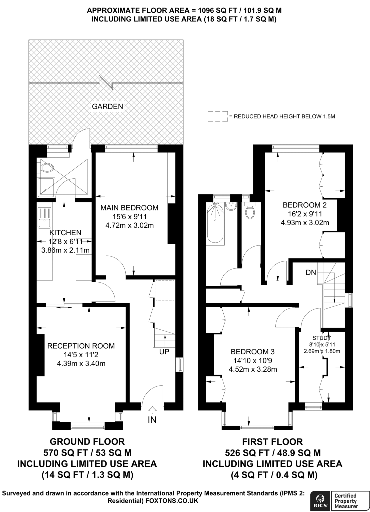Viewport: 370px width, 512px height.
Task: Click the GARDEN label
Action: [x=107, y=106]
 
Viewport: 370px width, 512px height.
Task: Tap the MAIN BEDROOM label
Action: [x=129, y=208]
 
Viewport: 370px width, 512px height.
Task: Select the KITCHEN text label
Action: [x=65, y=233]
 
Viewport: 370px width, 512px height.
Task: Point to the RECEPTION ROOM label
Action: [x=81, y=346]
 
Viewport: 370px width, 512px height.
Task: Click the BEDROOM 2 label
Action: [x=305, y=205]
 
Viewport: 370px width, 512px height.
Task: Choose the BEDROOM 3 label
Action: [x=253, y=352]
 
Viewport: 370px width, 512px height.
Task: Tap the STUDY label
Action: [x=322, y=338]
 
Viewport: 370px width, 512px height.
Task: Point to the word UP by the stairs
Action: [x=164, y=352]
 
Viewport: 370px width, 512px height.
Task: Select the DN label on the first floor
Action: [x=311, y=272]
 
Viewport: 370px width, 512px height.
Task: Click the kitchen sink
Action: [x=45, y=218]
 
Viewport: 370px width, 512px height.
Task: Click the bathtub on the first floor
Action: [x=215, y=223]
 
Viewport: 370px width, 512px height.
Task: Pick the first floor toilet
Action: [x=250, y=210]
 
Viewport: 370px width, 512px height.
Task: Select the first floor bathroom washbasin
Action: [x=231, y=206]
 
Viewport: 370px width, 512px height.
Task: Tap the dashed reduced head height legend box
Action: [x=218, y=116]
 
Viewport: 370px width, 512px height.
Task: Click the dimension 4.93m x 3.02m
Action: [x=305, y=222]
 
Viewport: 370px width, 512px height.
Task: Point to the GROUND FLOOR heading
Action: [x=87, y=442]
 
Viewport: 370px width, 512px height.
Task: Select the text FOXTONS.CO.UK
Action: [x=172, y=501]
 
